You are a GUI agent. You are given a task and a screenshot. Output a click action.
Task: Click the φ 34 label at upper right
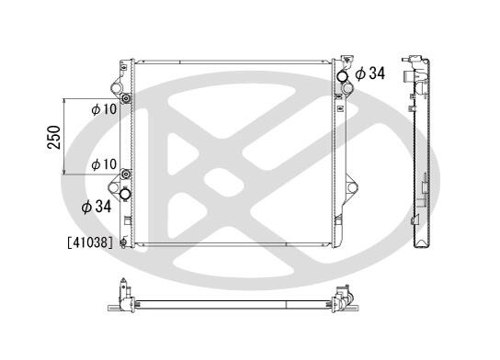click(369, 73)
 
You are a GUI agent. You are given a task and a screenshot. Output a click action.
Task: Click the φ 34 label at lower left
click(97, 207)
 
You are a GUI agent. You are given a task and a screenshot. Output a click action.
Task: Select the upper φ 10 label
click(104, 109)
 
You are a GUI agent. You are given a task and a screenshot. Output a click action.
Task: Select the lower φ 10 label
click(104, 164)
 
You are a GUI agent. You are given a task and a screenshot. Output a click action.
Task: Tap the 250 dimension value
click(54, 138)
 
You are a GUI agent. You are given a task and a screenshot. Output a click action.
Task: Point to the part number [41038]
click(90, 242)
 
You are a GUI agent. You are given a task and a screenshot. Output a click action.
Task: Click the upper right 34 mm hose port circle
click(343, 76)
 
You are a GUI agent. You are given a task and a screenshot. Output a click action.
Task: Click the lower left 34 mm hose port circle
click(125, 194)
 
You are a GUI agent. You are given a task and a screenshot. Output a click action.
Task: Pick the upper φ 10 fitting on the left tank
click(126, 99)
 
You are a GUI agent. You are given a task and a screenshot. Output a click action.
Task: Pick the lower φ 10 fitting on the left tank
click(126, 174)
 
